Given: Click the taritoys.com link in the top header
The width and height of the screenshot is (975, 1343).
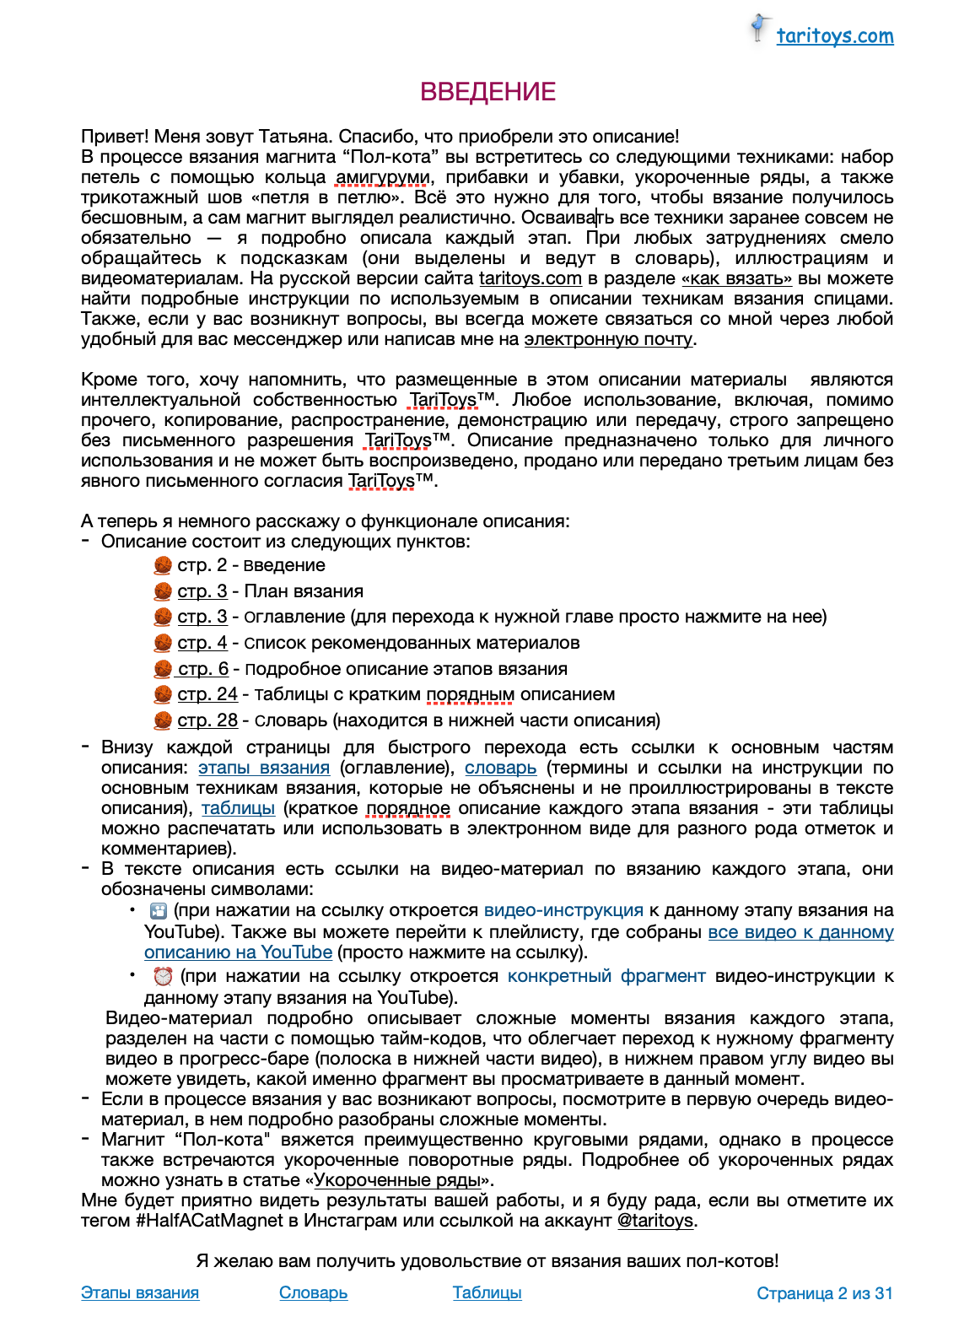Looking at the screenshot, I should [x=834, y=36].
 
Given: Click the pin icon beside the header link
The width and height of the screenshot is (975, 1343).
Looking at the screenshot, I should [x=761, y=28].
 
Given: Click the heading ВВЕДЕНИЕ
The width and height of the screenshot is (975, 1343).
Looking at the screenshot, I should [x=487, y=92].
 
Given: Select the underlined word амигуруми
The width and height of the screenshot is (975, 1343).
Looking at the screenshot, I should [x=382, y=178].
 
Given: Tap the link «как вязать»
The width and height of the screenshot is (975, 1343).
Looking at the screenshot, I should [x=736, y=279].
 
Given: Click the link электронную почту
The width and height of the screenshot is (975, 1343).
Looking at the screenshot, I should [x=608, y=340].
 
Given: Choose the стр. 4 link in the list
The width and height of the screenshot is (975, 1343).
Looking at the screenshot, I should [x=202, y=643].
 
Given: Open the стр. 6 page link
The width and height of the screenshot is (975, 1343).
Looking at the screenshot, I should [x=203, y=669].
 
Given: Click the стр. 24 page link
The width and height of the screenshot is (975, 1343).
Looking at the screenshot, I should [x=207, y=694].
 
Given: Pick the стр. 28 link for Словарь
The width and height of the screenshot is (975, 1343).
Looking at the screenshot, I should [x=207, y=720].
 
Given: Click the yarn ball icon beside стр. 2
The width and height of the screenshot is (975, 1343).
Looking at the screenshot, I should [x=163, y=565].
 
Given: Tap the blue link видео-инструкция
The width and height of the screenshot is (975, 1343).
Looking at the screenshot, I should [x=563, y=911].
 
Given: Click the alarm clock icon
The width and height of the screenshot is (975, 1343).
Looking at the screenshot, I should [x=163, y=976].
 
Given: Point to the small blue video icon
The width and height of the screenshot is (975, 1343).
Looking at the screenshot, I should [x=158, y=911].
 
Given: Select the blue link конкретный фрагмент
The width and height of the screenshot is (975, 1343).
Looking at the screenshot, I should [x=606, y=976].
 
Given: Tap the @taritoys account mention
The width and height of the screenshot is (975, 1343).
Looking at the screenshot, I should [x=655, y=1221].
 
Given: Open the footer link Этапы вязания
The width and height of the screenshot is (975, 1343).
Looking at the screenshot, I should [x=140, y=1293].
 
